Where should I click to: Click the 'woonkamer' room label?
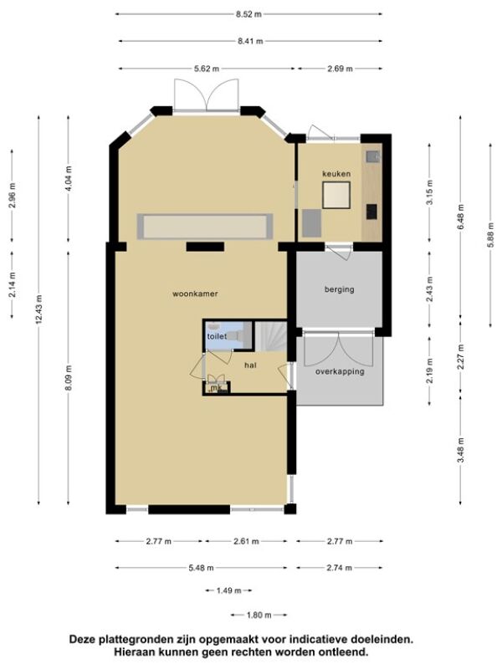(x=195, y=294)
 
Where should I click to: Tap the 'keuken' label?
(x=336, y=174)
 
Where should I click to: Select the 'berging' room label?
(x=340, y=289)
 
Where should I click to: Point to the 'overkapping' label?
(x=340, y=371)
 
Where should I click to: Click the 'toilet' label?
(x=217, y=336)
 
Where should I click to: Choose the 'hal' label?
(x=250, y=365)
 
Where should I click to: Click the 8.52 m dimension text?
(x=248, y=14)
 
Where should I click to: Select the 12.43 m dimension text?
(x=39, y=309)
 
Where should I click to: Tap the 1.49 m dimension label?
(x=228, y=591)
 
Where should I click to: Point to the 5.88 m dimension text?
(x=490, y=236)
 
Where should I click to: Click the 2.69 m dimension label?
(x=341, y=69)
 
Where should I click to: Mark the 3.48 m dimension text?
(x=461, y=451)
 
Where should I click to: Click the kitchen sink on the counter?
(x=372, y=156)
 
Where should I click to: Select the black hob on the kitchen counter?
(x=371, y=212)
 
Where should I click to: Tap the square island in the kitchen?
(x=336, y=195)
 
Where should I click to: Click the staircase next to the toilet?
(x=270, y=336)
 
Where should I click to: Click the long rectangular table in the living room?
(x=205, y=227)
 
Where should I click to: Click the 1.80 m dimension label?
(x=259, y=615)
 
